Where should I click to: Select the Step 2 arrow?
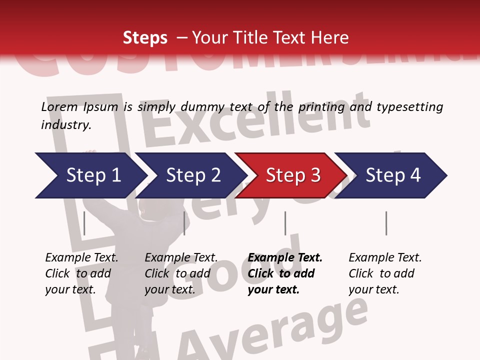(x=192, y=175)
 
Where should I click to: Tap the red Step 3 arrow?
(x=292, y=175)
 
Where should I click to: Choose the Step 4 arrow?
(x=392, y=175)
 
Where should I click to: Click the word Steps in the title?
(x=145, y=37)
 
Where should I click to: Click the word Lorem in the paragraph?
(x=59, y=106)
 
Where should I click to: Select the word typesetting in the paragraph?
(x=410, y=106)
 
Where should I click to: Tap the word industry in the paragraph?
(x=66, y=124)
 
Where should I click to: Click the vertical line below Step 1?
(x=84, y=223)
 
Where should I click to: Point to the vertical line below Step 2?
(x=184, y=223)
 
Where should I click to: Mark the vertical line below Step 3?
(x=285, y=223)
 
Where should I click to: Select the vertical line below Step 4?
(x=386, y=223)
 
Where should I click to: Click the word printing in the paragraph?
(x=322, y=106)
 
